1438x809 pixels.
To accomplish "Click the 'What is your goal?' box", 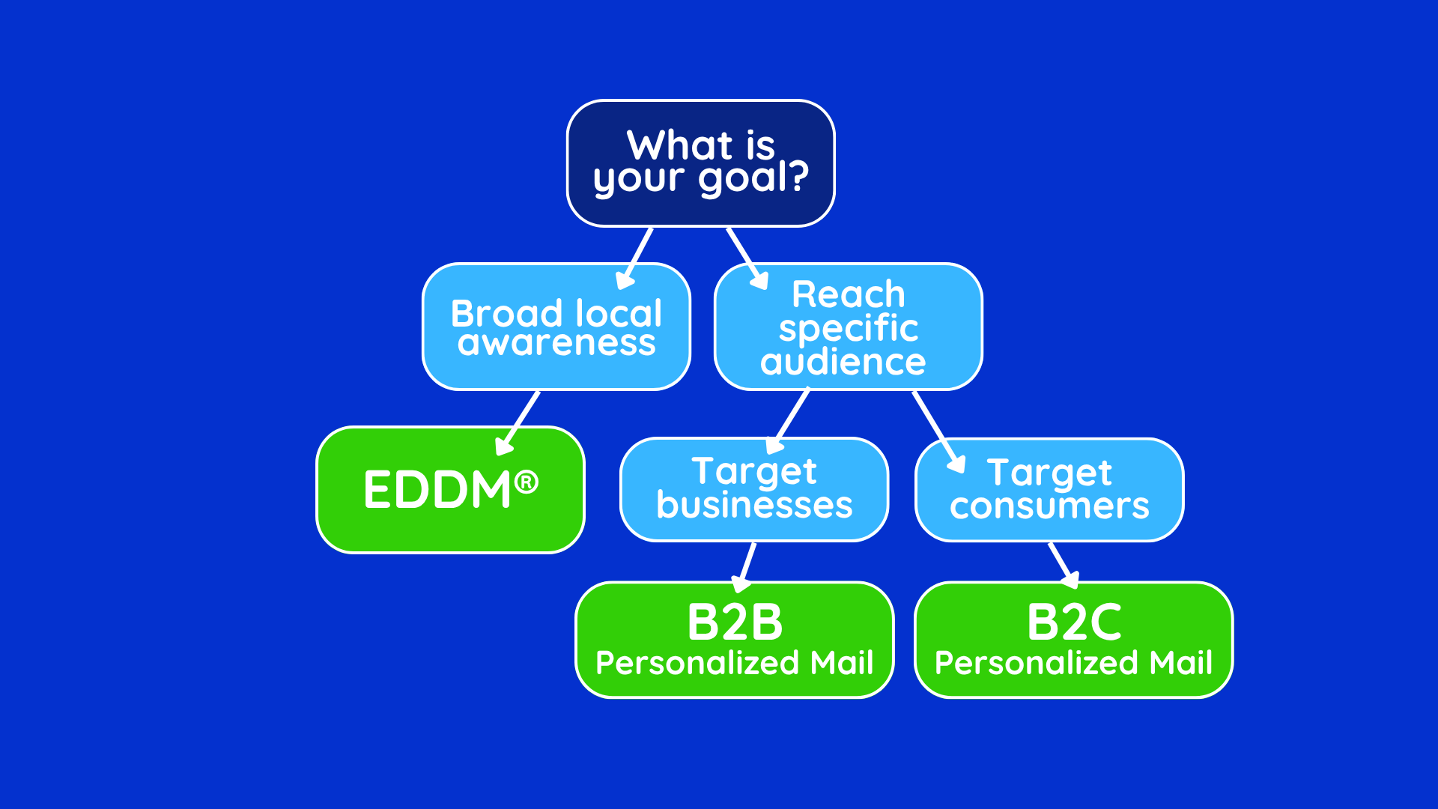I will click(700, 163).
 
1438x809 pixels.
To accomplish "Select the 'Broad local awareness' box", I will click(556, 327).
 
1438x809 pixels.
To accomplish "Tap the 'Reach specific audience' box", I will click(848, 327).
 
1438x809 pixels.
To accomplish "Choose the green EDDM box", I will click(450, 490).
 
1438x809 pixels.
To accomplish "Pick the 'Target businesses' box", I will click(754, 489).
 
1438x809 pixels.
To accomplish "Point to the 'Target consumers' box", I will click(1049, 489).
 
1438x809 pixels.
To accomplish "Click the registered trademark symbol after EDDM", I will click(527, 482).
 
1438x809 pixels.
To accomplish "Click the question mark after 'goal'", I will click(799, 177).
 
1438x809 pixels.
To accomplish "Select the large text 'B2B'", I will click(735, 622).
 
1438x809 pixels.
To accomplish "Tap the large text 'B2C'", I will click(1074, 622).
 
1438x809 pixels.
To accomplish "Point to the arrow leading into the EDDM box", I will click(518, 422).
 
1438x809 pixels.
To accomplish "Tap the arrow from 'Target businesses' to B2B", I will click(747, 567).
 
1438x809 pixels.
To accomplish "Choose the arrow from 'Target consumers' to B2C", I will click(1063, 566).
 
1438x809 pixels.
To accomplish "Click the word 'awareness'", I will click(556, 343).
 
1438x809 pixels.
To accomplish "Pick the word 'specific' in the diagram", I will click(848, 328).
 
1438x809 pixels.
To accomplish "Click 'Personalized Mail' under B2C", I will click(1073, 663).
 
